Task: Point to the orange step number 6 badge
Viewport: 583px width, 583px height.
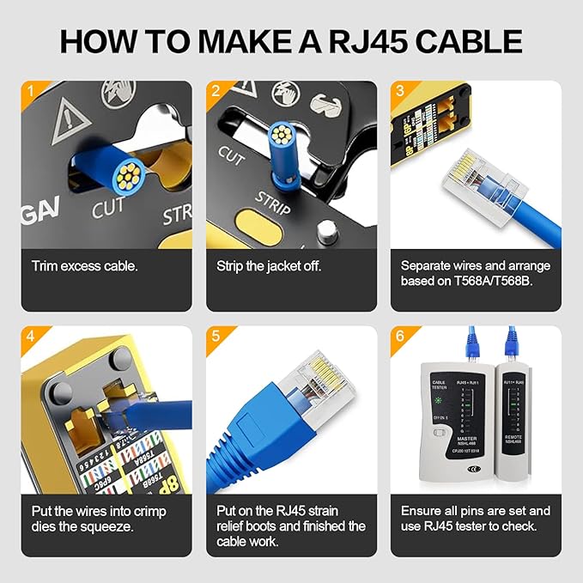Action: click(x=399, y=335)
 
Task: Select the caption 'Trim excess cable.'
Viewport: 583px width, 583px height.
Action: click(x=84, y=266)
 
